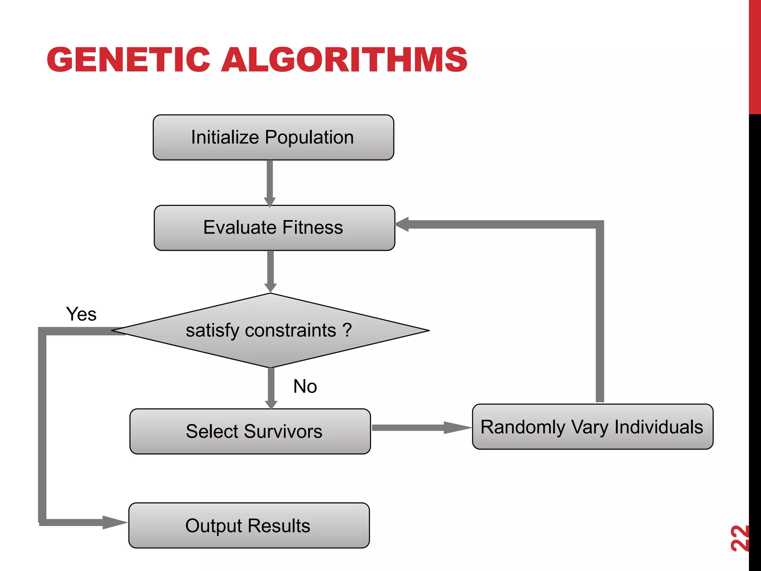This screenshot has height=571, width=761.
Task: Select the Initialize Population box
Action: click(x=273, y=138)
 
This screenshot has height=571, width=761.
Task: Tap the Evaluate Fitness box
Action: click(x=274, y=228)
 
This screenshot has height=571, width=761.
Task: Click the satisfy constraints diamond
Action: click(x=271, y=330)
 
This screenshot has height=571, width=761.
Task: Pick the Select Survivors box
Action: click(x=250, y=431)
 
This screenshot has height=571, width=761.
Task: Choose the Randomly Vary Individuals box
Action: click(x=592, y=427)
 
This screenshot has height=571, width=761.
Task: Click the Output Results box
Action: click(x=249, y=525)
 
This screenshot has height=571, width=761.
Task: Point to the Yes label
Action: click(x=81, y=314)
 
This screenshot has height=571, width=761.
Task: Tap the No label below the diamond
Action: click(x=305, y=386)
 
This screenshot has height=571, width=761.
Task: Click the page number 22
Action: click(x=739, y=538)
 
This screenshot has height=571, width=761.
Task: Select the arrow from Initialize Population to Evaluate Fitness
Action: click(x=270, y=182)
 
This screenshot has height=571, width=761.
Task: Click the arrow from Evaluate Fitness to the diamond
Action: click(x=271, y=271)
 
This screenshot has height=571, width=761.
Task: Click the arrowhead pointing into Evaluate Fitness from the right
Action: click(x=402, y=224)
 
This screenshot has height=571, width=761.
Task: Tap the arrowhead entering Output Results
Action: click(x=114, y=522)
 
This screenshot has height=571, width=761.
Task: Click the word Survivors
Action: click(x=283, y=431)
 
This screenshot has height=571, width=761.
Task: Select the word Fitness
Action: click(x=312, y=228)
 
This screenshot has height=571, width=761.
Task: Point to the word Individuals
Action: click(x=658, y=427)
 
